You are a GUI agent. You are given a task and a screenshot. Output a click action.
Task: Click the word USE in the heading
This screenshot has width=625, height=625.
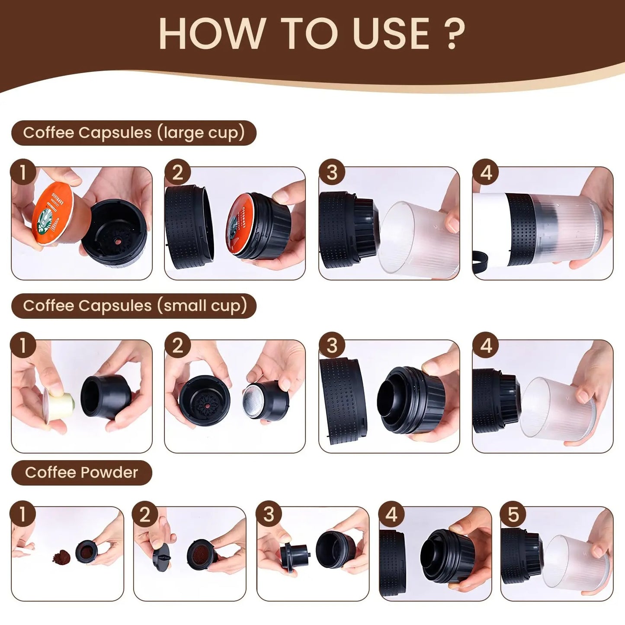391,34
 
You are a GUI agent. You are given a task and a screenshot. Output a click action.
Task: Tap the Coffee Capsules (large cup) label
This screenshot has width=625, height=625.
134,133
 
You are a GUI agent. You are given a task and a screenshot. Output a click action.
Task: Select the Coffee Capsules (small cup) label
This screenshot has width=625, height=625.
134,306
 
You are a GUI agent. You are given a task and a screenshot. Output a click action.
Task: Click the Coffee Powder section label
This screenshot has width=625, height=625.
81,472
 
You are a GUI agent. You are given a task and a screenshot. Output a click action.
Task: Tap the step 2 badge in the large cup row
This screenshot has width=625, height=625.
177,173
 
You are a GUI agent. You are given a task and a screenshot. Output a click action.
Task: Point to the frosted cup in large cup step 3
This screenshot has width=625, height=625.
417,240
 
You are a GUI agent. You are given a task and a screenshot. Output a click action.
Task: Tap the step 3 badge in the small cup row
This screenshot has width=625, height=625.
332,346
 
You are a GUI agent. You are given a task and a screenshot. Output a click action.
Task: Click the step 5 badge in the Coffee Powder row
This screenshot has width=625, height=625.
513,514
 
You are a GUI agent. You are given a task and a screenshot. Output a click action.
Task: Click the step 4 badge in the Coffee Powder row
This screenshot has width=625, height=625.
391,514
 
